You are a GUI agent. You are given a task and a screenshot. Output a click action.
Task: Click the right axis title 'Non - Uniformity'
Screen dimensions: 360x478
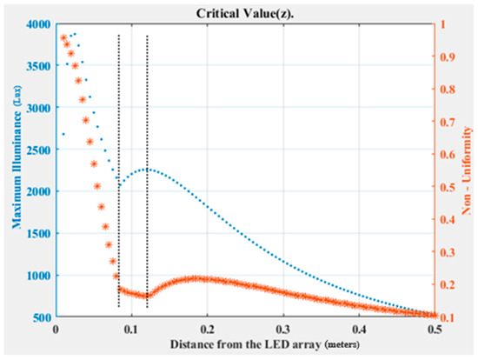pyautogui.click(x=469, y=170)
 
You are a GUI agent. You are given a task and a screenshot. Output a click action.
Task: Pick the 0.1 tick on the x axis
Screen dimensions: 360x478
pyautogui.click(x=131, y=330)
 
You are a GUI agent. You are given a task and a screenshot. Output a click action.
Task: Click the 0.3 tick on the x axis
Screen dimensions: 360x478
pyautogui.click(x=282, y=330)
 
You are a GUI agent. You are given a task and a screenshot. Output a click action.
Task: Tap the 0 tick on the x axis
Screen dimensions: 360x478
pyautogui.click(x=56, y=330)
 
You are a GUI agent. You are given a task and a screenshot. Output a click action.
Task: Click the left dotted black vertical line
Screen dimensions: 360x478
pyautogui.click(x=119, y=174)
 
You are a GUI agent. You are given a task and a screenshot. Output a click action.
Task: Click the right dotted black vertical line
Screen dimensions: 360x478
pyautogui.click(x=147, y=174)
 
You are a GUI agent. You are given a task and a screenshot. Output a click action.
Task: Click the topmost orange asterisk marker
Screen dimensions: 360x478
pyautogui.click(x=63, y=37)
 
